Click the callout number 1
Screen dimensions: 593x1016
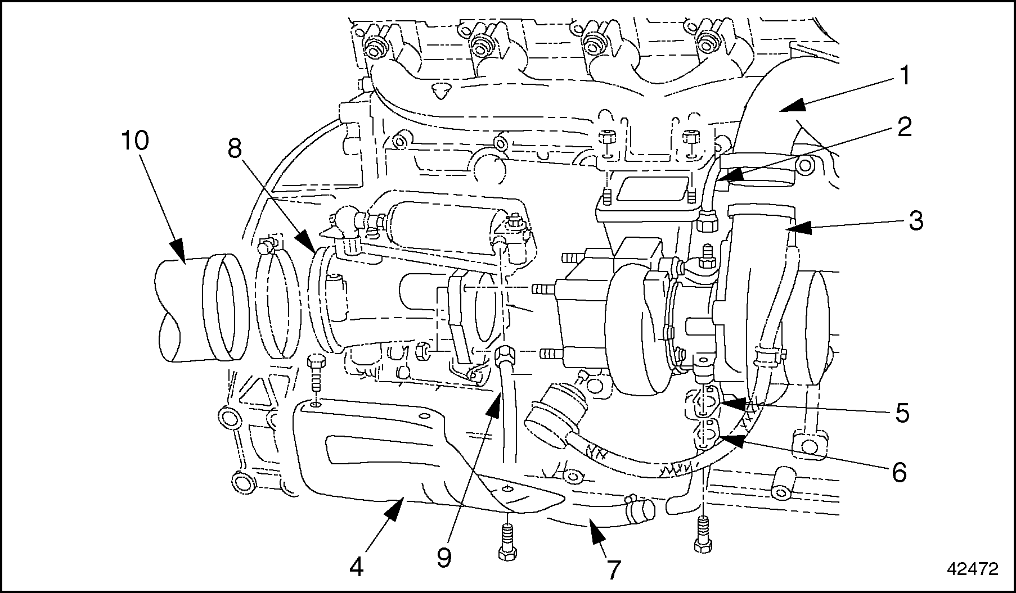point(904,76)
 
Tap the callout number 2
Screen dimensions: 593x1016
point(903,128)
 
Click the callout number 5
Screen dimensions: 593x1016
point(902,413)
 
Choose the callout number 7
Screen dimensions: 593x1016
point(613,570)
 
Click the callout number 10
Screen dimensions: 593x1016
point(135,141)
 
